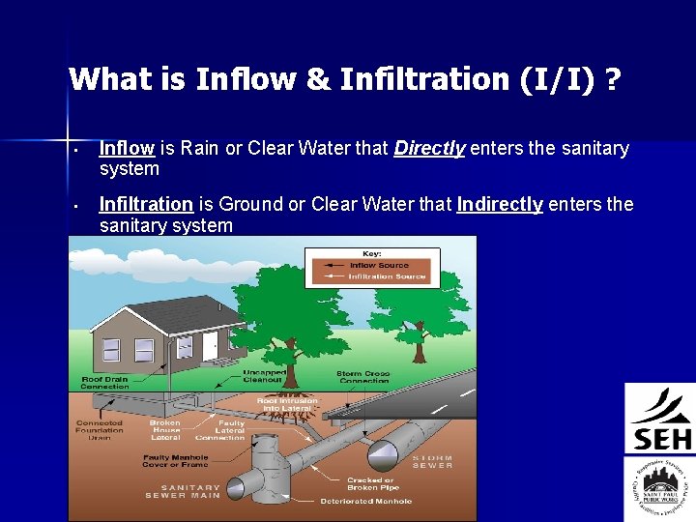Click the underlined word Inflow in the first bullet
(127, 149)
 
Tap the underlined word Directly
(430, 149)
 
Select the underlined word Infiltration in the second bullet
(146, 205)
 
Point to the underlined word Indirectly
(500, 205)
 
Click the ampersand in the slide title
(316, 79)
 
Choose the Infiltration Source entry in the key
(386, 276)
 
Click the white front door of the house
(211, 344)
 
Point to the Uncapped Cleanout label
(263, 376)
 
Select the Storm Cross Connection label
(362, 377)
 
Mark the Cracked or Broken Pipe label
(370, 483)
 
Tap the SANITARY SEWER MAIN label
(184, 492)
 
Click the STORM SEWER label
(432, 462)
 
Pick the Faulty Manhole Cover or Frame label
(177, 461)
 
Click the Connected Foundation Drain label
(100, 430)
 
